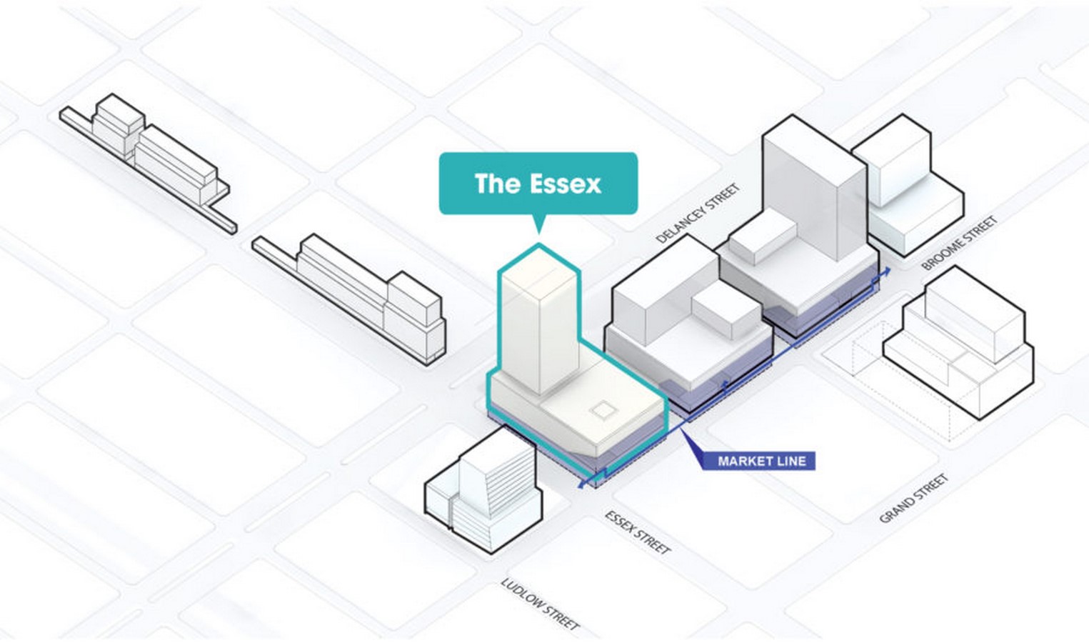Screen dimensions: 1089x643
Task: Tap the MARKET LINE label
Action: coord(762,461)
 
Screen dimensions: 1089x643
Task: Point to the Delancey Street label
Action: coord(697,213)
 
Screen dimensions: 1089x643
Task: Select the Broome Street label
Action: coord(959,243)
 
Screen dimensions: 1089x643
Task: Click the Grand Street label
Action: coord(913,499)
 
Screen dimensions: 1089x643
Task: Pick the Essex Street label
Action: coord(638,532)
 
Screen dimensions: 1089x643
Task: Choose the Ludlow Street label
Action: coord(540,604)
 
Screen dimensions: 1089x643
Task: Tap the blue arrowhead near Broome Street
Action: coord(885,271)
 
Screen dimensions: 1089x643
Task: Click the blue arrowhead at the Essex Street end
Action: coord(582,484)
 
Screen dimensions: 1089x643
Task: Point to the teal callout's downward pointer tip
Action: coord(538,234)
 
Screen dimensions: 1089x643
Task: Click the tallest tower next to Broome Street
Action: coord(815,190)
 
